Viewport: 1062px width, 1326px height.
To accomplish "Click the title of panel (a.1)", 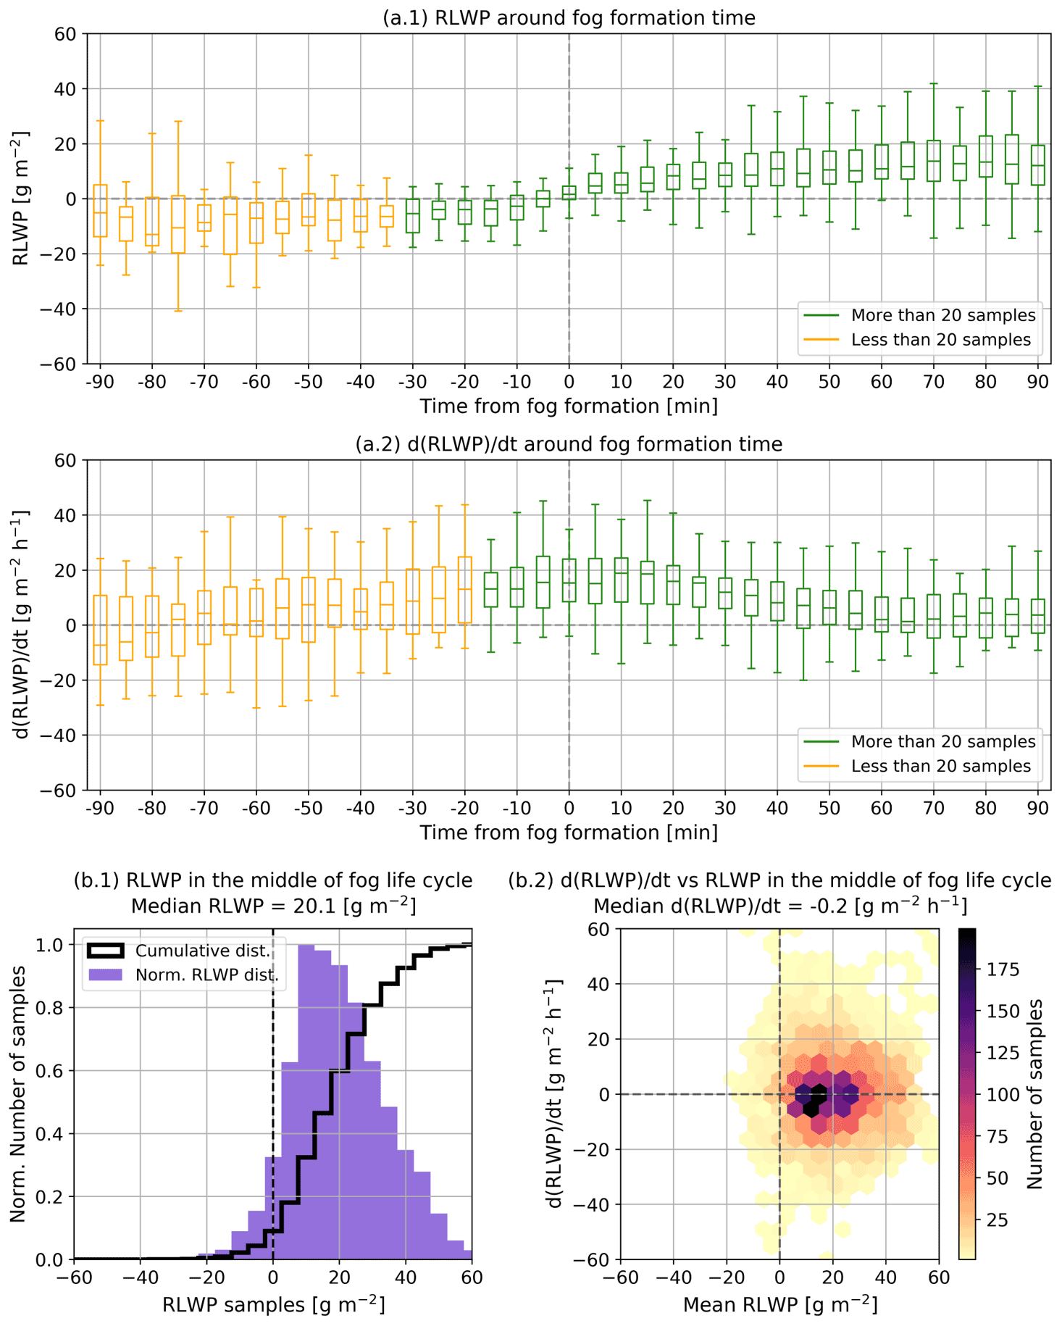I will (569, 17).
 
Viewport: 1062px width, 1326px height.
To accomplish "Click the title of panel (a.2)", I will (569, 443).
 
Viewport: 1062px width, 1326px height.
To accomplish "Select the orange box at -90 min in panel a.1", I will (100, 211).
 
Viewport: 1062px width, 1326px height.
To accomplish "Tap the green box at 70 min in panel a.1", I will (934, 161).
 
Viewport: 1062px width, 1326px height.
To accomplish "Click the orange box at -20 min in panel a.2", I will (464, 590).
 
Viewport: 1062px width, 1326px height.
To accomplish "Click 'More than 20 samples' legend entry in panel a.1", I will (942, 315).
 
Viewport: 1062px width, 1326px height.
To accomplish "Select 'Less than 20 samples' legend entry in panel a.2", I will (940, 766).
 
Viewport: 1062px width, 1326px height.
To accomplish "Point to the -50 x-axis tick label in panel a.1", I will (308, 382).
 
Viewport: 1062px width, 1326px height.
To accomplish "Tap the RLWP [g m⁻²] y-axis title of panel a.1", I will (20, 199).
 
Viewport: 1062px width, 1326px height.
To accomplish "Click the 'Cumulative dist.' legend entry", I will (202, 951).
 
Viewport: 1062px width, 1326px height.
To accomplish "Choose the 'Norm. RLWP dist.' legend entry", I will (206, 975).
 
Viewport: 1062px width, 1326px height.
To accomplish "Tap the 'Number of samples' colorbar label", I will (1034, 1094).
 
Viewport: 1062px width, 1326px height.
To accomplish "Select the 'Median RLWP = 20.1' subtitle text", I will (273, 906).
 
